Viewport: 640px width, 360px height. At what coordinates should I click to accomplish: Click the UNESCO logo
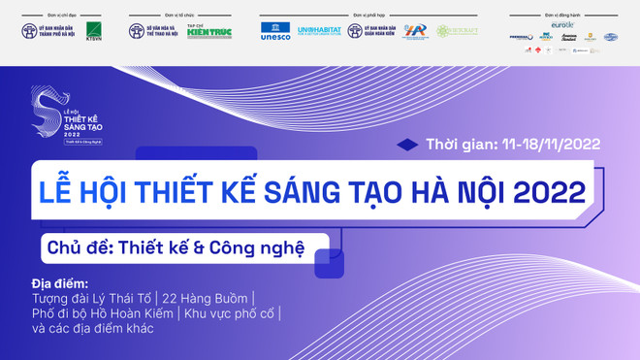tap(275, 32)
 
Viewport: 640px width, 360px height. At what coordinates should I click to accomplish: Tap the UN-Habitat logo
tap(319, 32)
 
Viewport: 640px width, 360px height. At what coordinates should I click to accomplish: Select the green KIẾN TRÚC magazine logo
tap(208, 32)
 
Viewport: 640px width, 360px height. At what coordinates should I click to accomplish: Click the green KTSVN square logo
tap(93, 31)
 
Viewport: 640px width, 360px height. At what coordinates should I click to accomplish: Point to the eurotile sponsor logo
tap(562, 24)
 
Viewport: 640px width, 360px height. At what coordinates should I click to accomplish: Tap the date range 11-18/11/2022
tap(552, 145)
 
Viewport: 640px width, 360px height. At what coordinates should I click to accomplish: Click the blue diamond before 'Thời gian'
tap(407, 145)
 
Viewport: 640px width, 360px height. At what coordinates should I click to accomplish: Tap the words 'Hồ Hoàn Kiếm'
tap(162, 313)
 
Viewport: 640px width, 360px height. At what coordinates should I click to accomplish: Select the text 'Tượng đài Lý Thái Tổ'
tap(91, 299)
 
